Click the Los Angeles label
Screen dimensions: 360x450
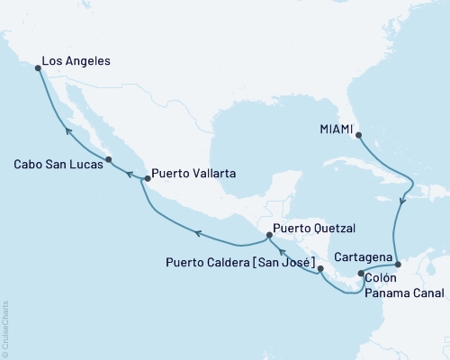tap(77, 62)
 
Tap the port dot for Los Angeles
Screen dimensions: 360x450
tap(37, 67)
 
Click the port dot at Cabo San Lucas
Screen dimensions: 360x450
tap(108, 160)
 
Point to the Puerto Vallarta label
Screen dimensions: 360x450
tap(193, 173)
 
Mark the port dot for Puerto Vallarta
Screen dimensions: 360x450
tap(146, 179)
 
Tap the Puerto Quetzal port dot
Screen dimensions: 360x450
tap(268, 236)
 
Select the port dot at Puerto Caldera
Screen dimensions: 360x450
tap(320, 268)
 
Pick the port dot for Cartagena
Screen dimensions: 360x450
tap(398, 265)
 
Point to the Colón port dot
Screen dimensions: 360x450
tap(361, 274)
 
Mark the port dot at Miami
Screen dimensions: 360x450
tap(359, 136)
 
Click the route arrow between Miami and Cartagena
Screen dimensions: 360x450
tap(402, 202)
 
